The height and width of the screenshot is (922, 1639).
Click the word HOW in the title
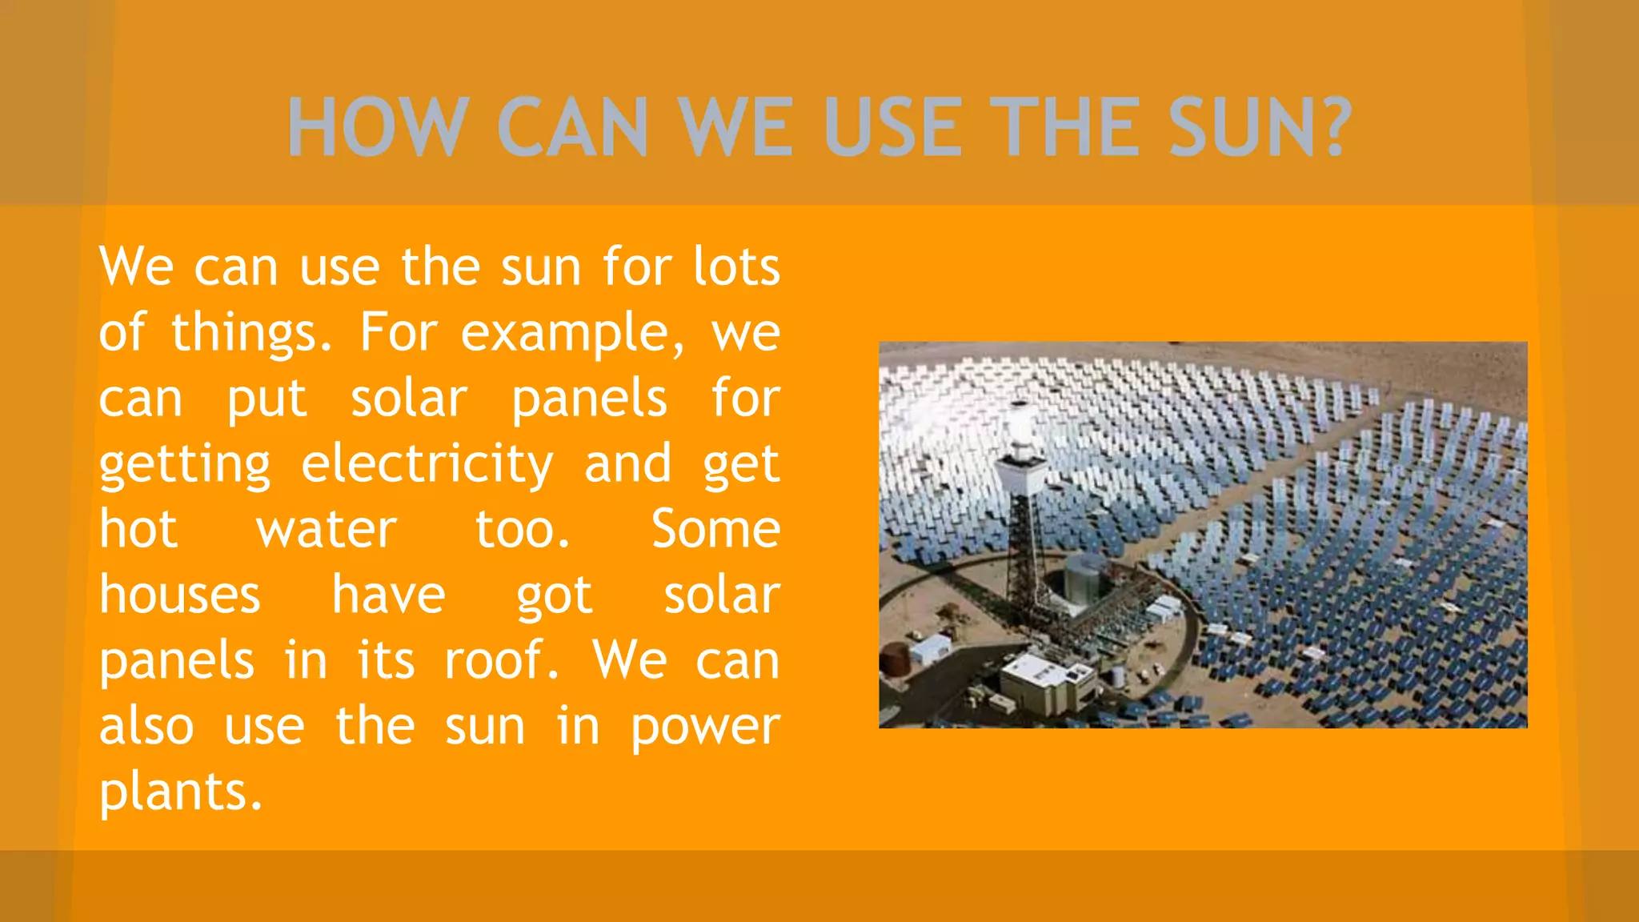(377, 127)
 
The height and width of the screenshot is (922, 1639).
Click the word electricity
(427, 464)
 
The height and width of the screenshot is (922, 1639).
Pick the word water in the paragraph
(327, 530)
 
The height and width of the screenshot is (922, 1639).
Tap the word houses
(180, 595)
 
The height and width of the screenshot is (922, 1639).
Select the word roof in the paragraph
(501, 661)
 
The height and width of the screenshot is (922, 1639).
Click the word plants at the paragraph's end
(180, 792)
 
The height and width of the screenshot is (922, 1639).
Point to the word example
(571, 333)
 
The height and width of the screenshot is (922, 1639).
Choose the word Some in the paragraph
(715, 530)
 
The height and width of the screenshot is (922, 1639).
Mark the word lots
(736, 267)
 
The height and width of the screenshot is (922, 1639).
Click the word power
(705, 727)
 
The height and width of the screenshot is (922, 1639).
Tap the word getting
(186, 464)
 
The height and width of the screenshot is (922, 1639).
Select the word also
(146, 727)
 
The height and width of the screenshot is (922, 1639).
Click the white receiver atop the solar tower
(1020, 436)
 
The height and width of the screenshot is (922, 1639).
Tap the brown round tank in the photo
(894, 658)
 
